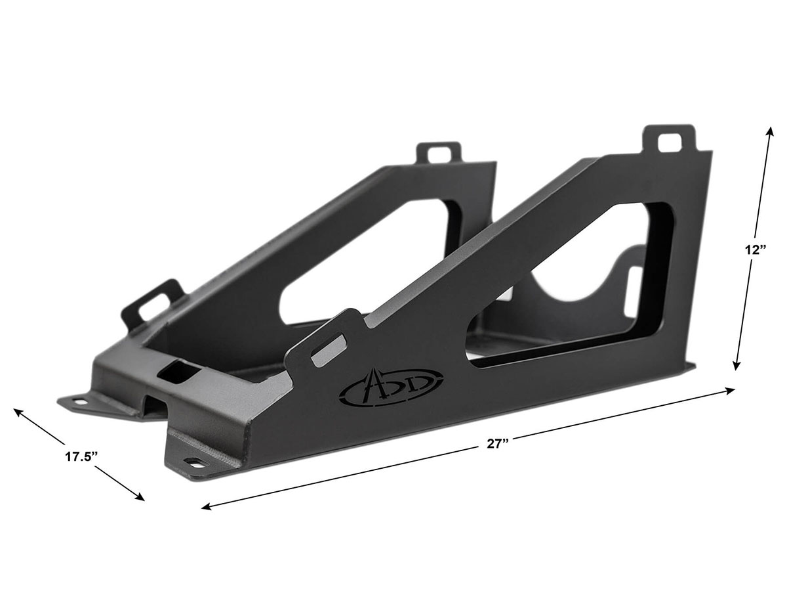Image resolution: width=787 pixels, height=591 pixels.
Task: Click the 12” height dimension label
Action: (752, 250)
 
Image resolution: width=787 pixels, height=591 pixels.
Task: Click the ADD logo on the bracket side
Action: (391, 387)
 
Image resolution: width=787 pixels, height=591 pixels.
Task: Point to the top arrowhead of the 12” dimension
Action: (770, 131)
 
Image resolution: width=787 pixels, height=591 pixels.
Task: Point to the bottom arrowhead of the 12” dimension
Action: (737, 366)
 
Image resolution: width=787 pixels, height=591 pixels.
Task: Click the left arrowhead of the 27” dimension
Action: (206, 507)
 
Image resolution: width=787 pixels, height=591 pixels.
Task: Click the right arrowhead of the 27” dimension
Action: (731, 391)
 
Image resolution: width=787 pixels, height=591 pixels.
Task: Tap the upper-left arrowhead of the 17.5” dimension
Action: (18, 412)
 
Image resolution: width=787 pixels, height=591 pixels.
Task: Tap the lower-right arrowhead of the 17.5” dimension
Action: (140, 497)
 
